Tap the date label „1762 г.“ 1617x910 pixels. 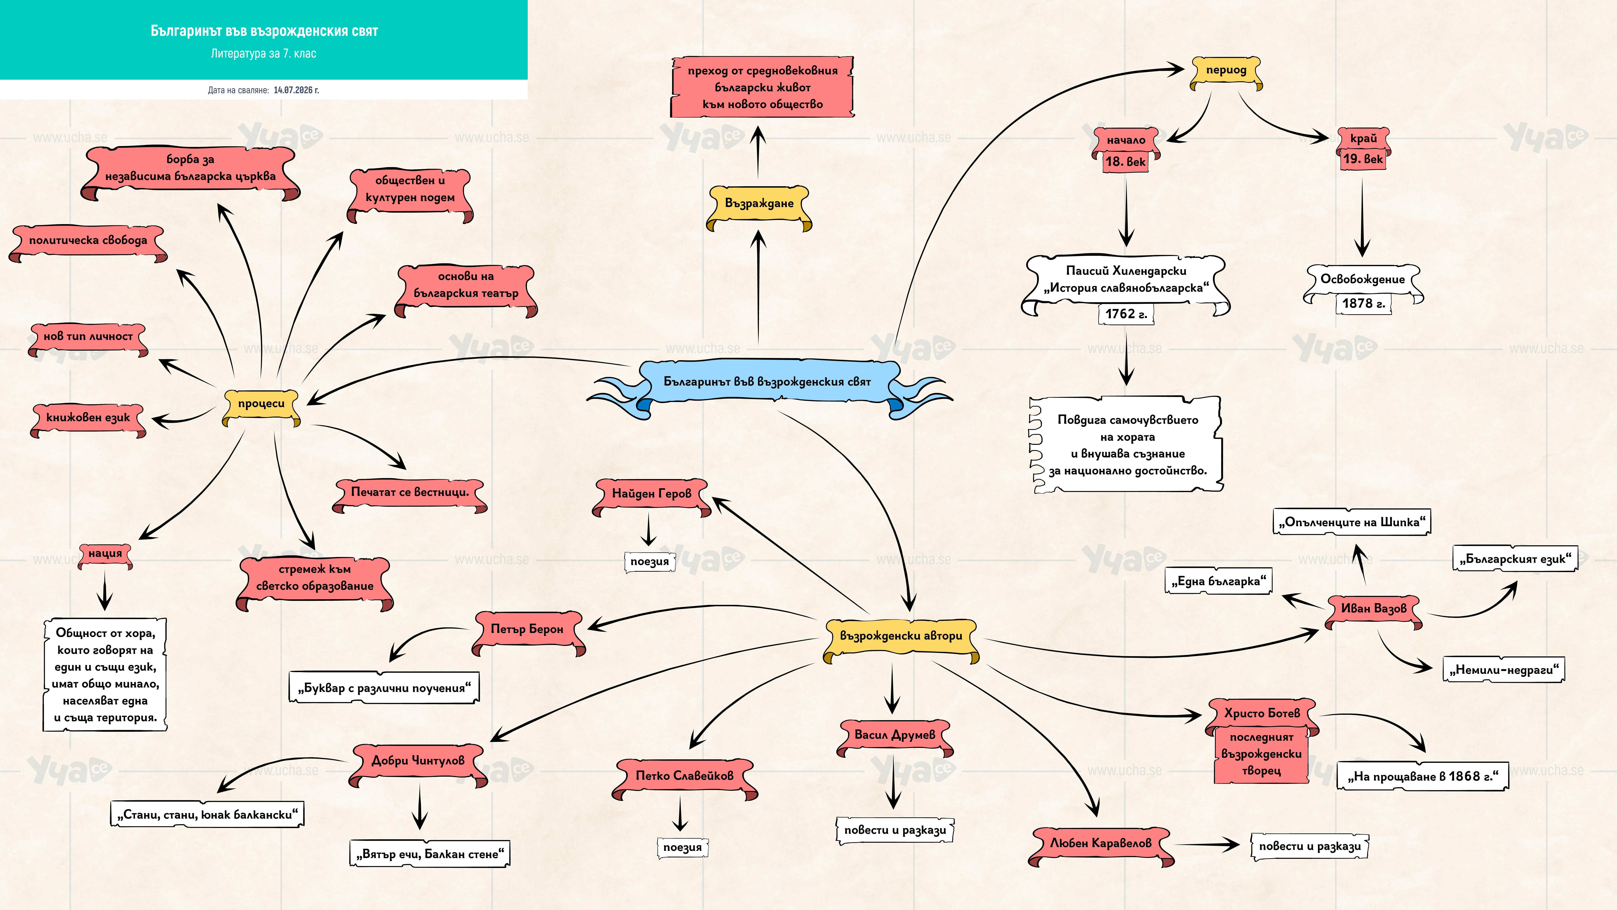click(x=1126, y=314)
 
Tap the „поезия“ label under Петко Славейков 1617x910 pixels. click(x=682, y=847)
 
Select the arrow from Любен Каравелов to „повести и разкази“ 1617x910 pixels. click(x=1206, y=845)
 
